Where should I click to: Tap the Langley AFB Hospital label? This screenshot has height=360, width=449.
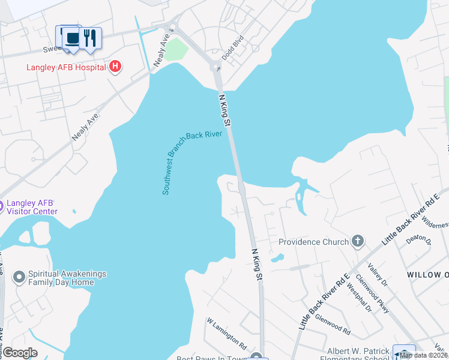tap(66, 67)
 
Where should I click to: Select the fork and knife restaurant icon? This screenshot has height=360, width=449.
tap(90, 38)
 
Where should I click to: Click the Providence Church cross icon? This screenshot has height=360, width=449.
tap(358, 241)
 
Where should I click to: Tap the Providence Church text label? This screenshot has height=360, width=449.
tap(314, 242)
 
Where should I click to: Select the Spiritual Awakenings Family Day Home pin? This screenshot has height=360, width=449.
tap(19, 277)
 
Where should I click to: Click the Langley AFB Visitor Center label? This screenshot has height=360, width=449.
tap(32, 207)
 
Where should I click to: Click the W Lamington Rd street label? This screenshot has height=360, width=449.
tap(226, 334)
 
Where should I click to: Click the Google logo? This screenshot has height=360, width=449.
tap(20, 352)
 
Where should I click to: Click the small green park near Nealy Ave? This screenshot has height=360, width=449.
tap(173, 50)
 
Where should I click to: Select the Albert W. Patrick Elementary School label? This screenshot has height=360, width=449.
tap(358, 355)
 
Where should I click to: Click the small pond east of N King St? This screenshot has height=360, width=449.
tap(277, 259)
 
